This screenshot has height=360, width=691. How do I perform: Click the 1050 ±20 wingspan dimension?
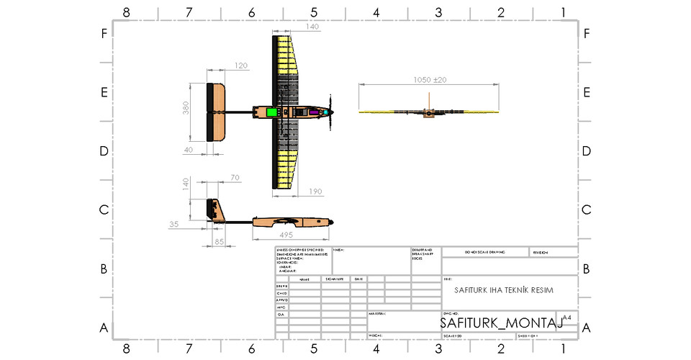(x=430, y=79)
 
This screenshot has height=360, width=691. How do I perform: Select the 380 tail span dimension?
(x=186, y=108)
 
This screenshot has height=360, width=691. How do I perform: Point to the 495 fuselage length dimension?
(x=286, y=234)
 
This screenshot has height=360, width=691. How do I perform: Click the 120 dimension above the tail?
(x=240, y=66)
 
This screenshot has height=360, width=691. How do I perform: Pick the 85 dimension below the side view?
(x=220, y=242)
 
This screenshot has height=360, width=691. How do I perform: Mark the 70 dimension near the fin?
(x=235, y=177)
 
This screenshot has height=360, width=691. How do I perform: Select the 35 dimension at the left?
(x=173, y=225)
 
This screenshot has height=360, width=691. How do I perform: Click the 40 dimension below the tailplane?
(x=188, y=150)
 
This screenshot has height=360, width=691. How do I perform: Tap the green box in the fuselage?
(x=272, y=112)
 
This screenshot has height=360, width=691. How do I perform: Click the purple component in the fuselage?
(x=314, y=112)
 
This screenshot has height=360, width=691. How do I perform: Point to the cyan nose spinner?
(x=327, y=112)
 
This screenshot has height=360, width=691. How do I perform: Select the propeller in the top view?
(x=331, y=112)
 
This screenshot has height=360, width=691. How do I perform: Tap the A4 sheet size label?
(x=566, y=317)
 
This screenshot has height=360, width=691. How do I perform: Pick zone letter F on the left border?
(x=104, y=34)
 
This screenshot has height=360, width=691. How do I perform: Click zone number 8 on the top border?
(x=127, y=12)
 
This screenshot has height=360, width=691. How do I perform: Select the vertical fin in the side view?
(x=214, y=209)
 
